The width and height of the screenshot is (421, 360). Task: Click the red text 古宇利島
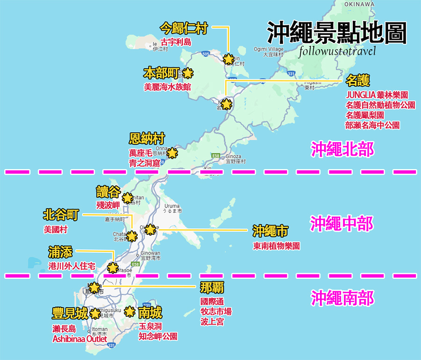pos(176,42)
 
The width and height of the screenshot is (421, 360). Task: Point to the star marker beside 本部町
pos(188,73)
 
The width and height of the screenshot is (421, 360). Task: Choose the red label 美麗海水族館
pos(167,87)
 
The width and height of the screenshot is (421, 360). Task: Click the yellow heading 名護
pos(358,81)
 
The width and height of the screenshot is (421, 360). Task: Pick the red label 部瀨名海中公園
pos(373,125)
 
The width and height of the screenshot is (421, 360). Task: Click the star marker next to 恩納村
pos(173,153)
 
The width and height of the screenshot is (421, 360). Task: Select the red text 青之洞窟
pos(144,163)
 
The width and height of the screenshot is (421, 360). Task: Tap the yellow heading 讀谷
pos(109,192)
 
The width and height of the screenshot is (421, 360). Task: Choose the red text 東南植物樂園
pos(276,246)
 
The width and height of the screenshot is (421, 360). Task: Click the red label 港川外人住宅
pos(72,266)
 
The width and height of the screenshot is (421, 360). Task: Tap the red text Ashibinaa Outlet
pos(80,339)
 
